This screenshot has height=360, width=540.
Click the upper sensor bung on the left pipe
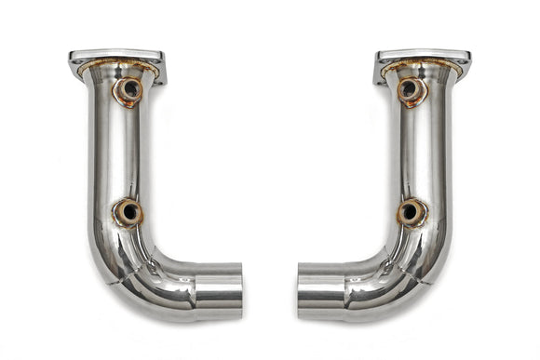pos(128,90)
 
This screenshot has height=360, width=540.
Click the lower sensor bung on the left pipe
pos(128,213)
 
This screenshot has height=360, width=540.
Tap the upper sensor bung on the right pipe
pos(411,90)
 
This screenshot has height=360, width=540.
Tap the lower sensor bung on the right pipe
pos(411,213)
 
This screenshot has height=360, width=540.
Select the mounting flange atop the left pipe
pos(116,60)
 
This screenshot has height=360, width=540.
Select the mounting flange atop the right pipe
pos(423,60)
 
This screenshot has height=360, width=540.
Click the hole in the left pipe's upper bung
pos(130,90)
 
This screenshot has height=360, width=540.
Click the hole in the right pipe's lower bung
pos(409,213)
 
